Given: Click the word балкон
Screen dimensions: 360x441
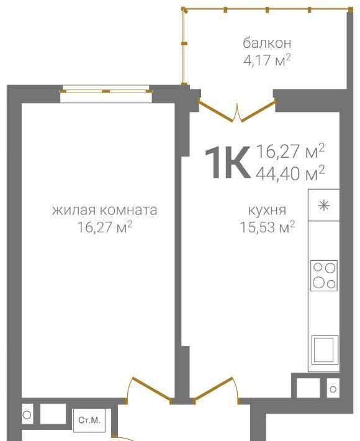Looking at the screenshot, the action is click(267, 43).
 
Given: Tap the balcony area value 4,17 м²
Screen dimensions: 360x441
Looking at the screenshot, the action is click(267, 60).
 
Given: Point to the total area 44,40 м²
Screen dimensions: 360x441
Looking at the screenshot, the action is click(290, 173).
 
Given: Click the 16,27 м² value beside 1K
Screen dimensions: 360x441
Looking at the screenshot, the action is click(290, 151).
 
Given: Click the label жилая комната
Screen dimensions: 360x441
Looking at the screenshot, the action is click(104, 210).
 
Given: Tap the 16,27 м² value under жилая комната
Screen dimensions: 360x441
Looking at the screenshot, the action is click(104, 227).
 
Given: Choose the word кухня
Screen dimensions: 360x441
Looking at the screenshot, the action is click(267, 210).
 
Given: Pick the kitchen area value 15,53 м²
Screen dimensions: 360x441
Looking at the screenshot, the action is click(267, 227).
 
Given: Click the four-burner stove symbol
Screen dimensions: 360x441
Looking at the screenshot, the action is click(324, 275).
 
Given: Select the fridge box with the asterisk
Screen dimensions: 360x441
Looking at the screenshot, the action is click(324, 205).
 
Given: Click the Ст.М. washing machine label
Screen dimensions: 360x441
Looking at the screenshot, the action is click(89, 420).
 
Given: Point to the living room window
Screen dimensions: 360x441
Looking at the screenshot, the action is click(106, 91).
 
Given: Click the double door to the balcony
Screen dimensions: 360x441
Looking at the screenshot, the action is click(237, 110).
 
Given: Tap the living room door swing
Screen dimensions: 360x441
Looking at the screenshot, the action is click(148, 390).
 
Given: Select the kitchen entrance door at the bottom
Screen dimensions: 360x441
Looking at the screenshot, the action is click(216, 390).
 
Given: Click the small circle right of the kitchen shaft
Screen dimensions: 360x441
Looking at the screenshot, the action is click(333, 389).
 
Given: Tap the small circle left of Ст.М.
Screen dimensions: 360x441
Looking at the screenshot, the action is click(27, 414).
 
